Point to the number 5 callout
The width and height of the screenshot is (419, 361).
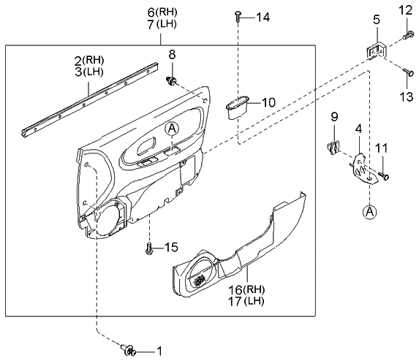pos(377,21)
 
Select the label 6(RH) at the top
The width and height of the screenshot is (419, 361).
pos(161,12)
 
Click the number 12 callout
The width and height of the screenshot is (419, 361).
pos(406,9)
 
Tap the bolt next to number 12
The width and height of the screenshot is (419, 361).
pos(407,34)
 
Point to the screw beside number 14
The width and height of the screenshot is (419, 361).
pos(238,17)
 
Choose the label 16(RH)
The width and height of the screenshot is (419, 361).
pos(247,290)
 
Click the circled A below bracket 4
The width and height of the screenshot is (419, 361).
pos(371,212)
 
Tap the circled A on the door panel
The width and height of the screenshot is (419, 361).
pos(172,129)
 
